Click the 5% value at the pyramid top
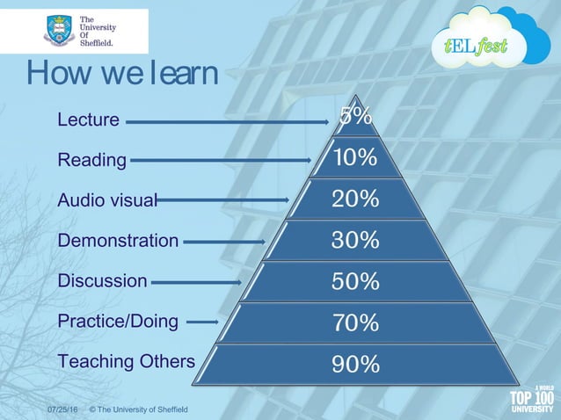(x=355, y=117)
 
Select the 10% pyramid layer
(x=355, y=158)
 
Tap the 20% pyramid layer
(x=355, y=199)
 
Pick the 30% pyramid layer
(x=355, y=240)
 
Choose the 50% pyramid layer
(x=355, y=281)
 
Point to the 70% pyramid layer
(x=355, y=322)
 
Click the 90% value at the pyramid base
(x=355, y=364)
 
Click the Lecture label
(x=89, y=119)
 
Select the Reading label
(x=91, y=160)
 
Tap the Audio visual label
(x=106, y=200)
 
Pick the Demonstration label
(x=118, y=240)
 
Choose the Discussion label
(x=102, y=281)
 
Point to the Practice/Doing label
(x=118, y=322)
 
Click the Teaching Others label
(x=126, y=361)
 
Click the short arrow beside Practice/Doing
(x=202, y=322)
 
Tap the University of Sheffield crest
(x=59, y=32)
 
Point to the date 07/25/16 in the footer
(x=62, y=410)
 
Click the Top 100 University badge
(x=532, y=399)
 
